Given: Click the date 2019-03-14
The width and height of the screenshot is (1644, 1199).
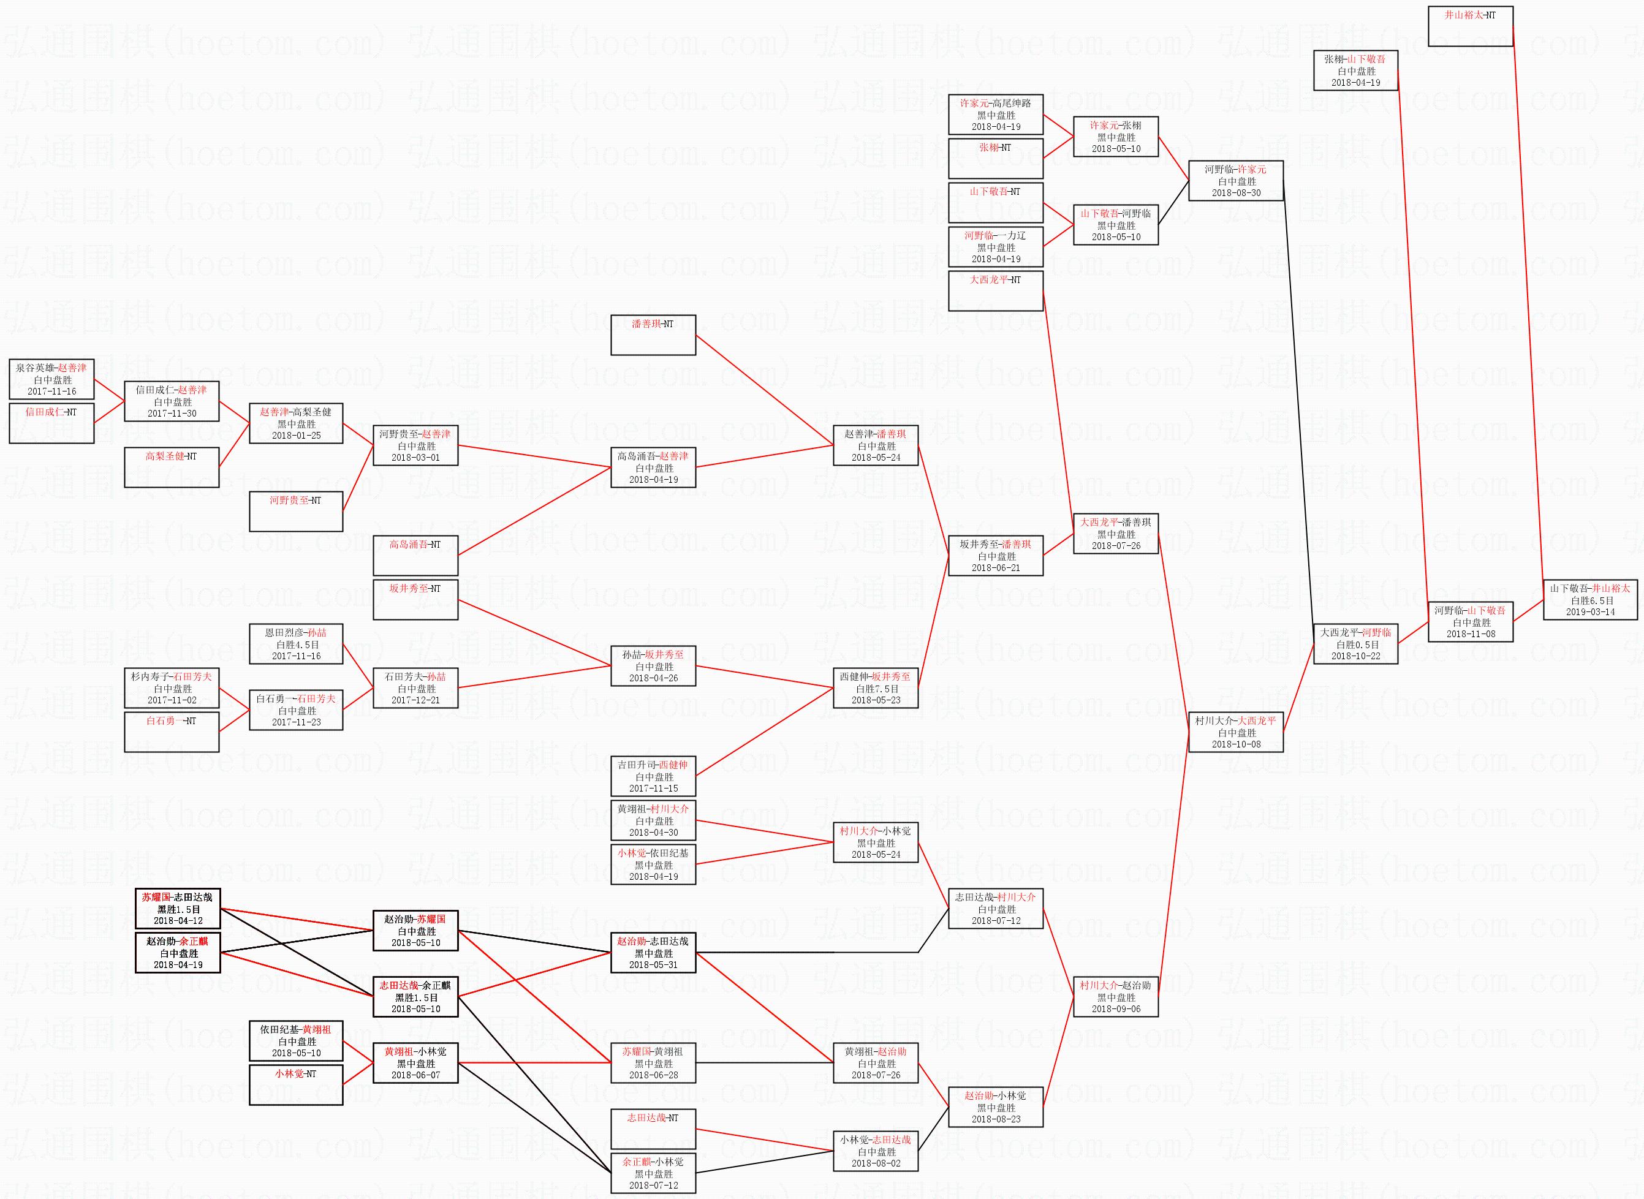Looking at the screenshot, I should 1590,612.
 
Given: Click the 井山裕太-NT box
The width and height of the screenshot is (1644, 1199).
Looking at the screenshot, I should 1470,26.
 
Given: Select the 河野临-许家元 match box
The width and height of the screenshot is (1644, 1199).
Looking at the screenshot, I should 1235,181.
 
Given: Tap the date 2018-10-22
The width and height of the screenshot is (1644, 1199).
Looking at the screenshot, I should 1355,656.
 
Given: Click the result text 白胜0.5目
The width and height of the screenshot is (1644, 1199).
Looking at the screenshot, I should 1355,645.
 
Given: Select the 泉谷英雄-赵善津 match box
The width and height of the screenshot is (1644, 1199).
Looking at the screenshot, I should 51,379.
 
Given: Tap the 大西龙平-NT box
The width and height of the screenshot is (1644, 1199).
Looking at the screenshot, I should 995,290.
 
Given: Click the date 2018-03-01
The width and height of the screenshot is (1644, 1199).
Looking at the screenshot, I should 415,457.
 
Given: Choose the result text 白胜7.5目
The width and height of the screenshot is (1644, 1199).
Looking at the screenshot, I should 876,689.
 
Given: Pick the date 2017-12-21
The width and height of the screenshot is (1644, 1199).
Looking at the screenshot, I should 415,700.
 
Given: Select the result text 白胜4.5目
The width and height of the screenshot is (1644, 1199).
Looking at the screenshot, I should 297,645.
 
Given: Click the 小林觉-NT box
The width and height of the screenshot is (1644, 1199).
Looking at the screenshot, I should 295,1084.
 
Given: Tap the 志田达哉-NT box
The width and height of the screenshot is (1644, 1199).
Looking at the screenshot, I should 653,1129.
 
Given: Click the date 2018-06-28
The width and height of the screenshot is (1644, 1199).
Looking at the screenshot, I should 653,1075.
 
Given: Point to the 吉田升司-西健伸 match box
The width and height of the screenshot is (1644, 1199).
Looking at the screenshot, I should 653,776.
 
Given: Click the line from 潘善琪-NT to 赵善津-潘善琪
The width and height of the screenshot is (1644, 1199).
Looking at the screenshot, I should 764,390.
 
